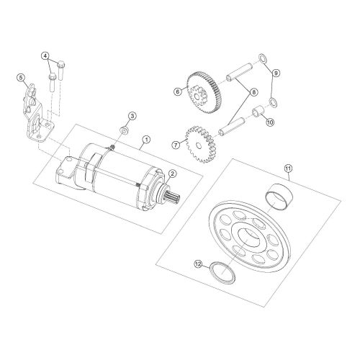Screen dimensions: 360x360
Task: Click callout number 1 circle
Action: [146, 138]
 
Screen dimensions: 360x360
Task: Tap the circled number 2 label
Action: [174, 174]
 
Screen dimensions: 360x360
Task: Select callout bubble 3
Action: [132, 116]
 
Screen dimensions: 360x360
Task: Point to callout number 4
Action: [46, 56]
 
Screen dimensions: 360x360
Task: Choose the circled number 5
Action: [22, 78]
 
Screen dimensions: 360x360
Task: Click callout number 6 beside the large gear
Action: [176, 91]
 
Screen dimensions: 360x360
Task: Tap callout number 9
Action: [275, 73]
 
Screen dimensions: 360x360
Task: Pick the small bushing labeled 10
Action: [255, 113]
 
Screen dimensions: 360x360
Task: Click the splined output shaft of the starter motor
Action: [173, 196]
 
